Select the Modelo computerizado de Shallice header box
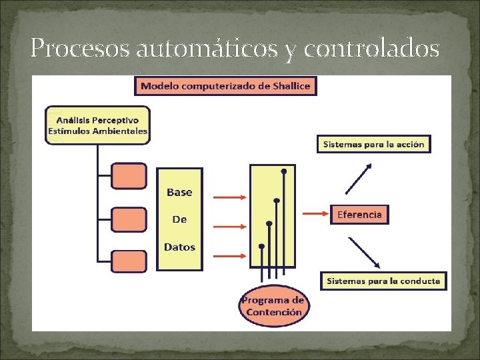point(225,86)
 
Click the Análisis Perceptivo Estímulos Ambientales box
point(97,125)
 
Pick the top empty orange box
point(129,176)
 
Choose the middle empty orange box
point(129,219)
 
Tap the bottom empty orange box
point(129,261)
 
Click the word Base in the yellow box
point(179,192)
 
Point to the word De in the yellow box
point(179,219)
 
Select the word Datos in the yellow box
point(179,247)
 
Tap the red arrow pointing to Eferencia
point(317,214)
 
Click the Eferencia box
point(359,214)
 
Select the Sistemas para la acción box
point(373,144)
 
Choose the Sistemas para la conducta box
point(383,281)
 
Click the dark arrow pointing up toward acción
point(358,177)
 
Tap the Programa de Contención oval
point(273,306)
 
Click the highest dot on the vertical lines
point(284,171)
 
